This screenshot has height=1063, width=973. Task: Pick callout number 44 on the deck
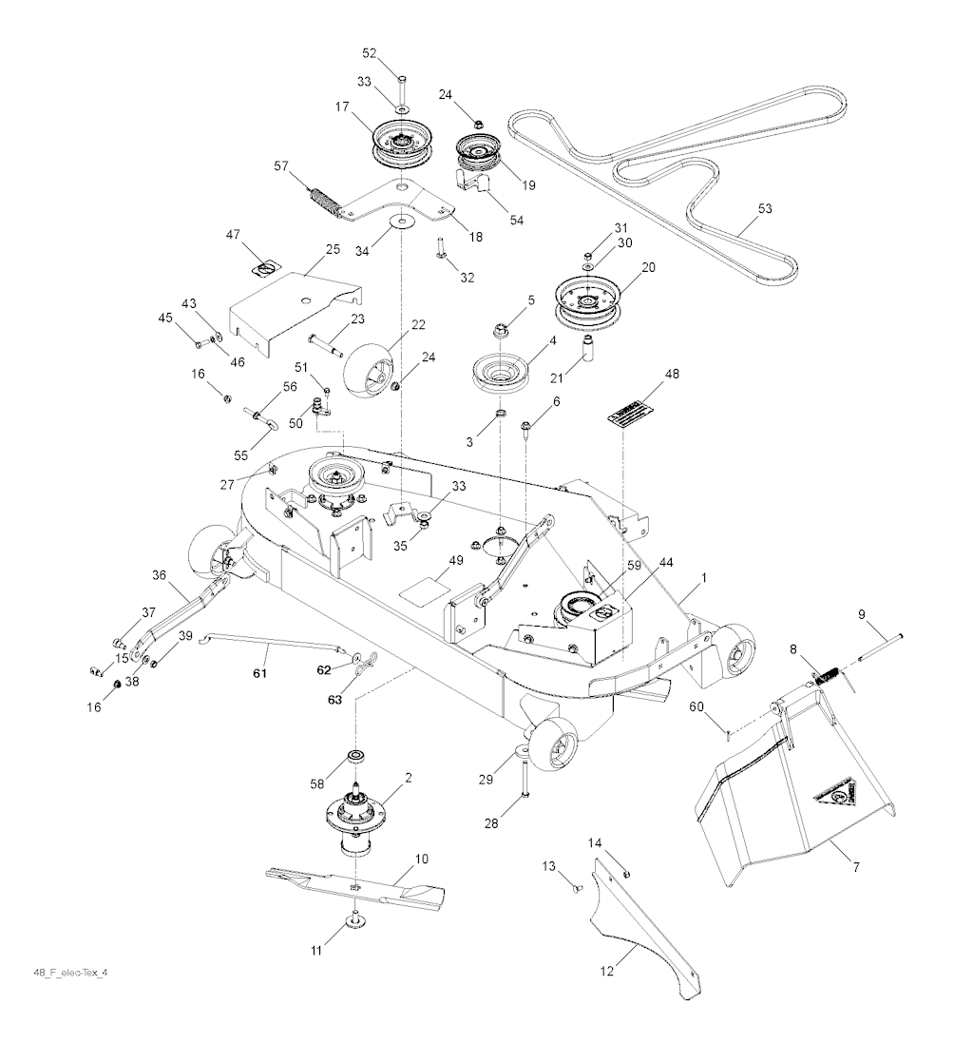[x=666, y=563]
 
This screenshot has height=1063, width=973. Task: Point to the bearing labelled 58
[x=358, y=757]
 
